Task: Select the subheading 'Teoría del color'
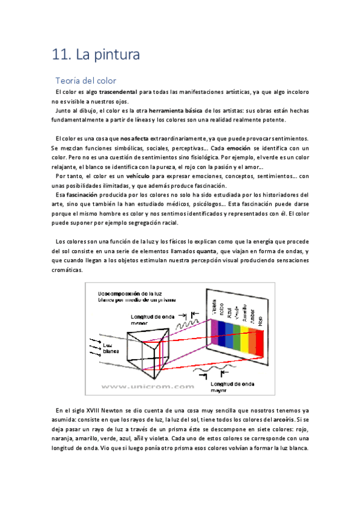coord(85,80)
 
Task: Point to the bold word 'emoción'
coord(239,148)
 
